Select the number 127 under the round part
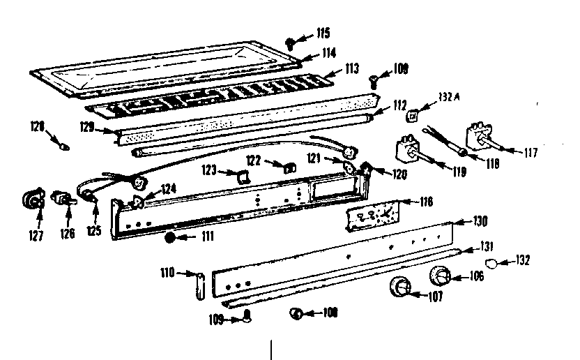click(37, 235)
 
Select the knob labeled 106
click(440, 276)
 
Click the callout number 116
click(425, 202)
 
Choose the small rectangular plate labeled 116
click(372, 214)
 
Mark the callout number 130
click(480, 221)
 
